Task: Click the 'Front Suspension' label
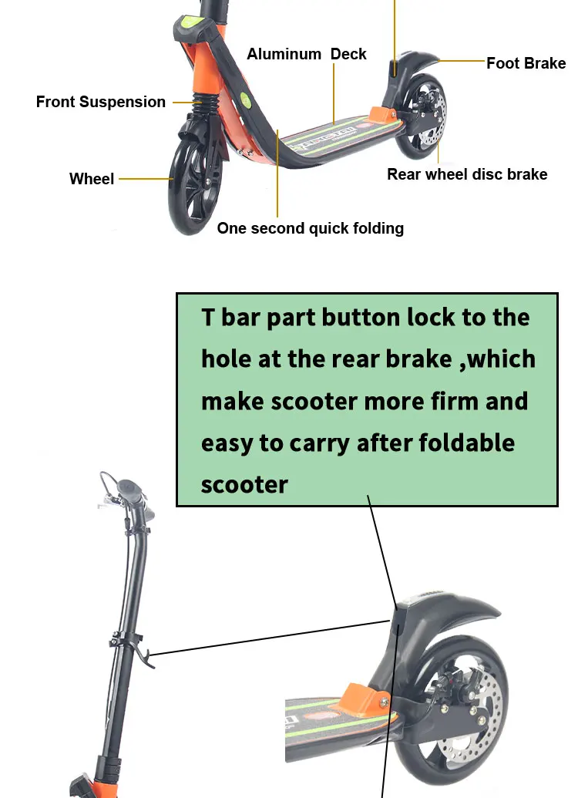tap(100, 102)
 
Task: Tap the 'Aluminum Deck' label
tap(306, 54)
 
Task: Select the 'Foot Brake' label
tap(526, 63)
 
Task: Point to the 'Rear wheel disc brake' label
tap(467, 174)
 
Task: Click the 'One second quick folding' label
tap(310, 228)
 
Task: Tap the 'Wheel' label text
tap(92, 179)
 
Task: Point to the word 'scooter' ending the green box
tap(244, 484)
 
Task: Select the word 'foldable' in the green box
tap(467, 443)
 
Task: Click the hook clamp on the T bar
tap(139, 648)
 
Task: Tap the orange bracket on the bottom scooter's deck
tap(361, 698)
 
